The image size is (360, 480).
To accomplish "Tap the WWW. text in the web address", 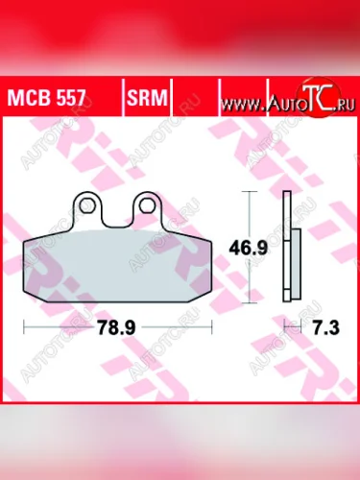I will (x=247, y=99).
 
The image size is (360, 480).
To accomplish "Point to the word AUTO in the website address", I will (x=284, y=99).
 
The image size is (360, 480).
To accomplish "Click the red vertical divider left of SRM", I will (x=122, y=96).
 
